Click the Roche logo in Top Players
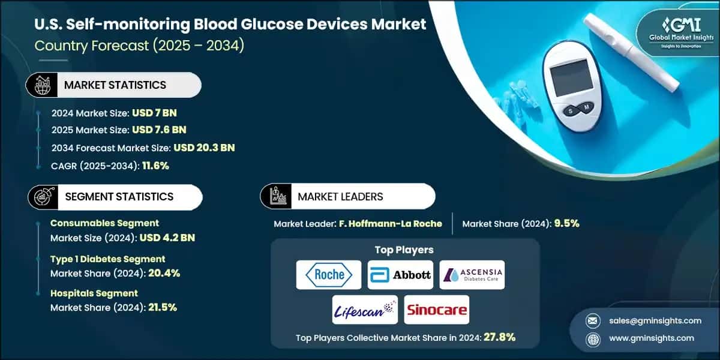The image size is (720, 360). (329, 275)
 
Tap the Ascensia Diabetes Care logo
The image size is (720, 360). (472, 275)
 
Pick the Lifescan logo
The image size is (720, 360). (364, 310)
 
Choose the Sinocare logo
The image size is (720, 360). (436, 310)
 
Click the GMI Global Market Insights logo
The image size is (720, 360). (676, 30)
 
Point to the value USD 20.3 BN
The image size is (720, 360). (208, 147)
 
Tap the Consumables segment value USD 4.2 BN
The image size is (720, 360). (167, 238)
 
